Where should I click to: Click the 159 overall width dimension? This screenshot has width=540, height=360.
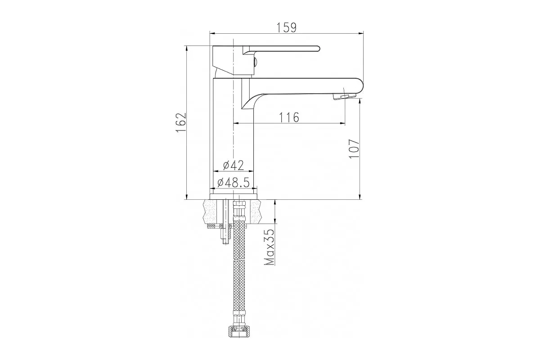point(286,27)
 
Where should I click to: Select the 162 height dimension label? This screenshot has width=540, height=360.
point(181,122)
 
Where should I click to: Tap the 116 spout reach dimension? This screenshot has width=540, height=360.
point(289,117)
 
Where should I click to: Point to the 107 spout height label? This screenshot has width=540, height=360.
point(354,148)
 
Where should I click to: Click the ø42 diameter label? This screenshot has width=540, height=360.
point(234,165)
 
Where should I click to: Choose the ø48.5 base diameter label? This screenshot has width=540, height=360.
point(233,183)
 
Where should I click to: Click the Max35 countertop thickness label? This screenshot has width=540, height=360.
point(270,247)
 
